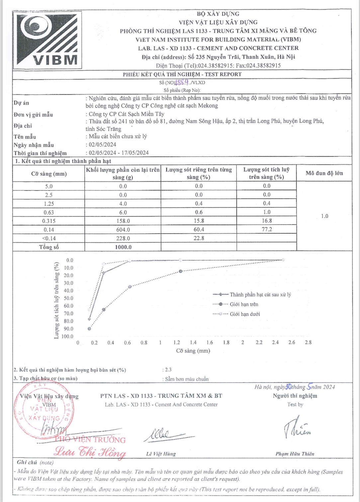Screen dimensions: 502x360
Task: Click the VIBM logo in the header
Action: point(47,39)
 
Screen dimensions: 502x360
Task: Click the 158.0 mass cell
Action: point(123,221)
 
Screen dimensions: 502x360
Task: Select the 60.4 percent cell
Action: point(199,230)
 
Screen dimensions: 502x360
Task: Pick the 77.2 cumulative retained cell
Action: point(267,229)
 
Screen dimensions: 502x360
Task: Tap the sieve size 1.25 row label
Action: point(49,204)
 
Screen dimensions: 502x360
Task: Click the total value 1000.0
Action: point(123,247)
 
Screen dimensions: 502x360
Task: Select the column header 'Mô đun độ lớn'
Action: point(324,173)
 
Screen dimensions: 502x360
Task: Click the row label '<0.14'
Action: point(49,238)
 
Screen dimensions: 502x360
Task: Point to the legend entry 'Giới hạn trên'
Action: point(244,304)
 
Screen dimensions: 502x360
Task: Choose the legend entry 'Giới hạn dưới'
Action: point(245,314)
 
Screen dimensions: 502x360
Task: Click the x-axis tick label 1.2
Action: point(177,342)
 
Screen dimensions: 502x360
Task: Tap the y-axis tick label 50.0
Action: point(68,298)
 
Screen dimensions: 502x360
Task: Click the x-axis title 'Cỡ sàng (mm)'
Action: point(193,351)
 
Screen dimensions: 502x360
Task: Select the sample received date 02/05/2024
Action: point(102,145)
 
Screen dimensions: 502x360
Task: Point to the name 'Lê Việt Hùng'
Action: point(161,454)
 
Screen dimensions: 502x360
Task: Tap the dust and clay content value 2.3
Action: point(168,370)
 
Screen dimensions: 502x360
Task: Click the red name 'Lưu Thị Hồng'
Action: point(90,452)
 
